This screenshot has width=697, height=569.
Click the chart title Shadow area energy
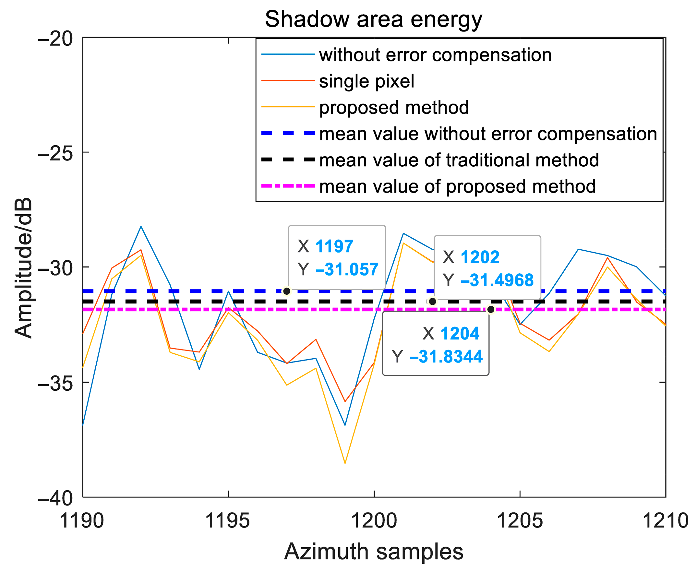pyautogui.click(x=373, y=19)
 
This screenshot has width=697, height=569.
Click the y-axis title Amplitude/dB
pyautogui.click(x=24, y=268)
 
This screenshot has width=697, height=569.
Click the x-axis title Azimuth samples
pyautogui.click(x=373, y=551)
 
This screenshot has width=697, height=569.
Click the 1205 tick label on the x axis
pyautogui.click(x=520, y=520)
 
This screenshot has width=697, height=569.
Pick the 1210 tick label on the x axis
pyautogui.click(x=666, y=520)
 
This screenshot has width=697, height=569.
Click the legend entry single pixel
pyautogui.click(x=367, y=81)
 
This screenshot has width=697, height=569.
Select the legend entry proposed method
pyautogui.click(x=394, y=108)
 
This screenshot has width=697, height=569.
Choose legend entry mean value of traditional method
pyautogui.click(x=459, y=160)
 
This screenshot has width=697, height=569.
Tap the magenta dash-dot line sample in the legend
pyautogui.click(x=288, y=186)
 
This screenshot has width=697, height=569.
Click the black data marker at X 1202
pyautogui.click(x=433, y=302)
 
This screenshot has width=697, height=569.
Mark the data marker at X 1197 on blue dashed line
pyautogui.click(x=287, y=291)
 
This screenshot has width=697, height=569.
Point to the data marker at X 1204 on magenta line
pyautogui.click(x=491, y=309)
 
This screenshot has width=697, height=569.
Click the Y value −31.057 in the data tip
pyautogui.click(x=347, y=269)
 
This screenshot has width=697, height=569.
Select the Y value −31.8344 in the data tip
pyautogui.click(x=446, y=357)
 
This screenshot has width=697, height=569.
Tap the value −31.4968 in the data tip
pyautogui.click(x=497, y=280)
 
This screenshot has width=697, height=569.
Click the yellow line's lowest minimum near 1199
pyautogui.click(x=345, y=463)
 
